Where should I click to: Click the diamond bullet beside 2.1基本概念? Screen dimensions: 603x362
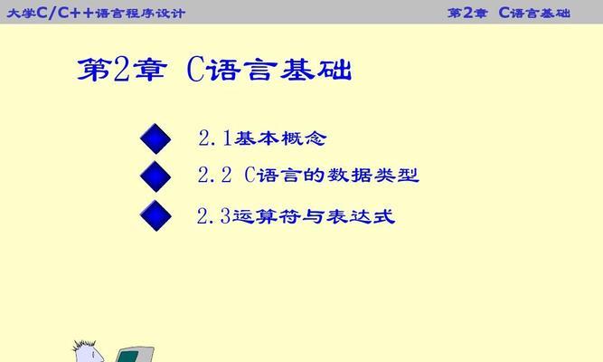coord(155,138)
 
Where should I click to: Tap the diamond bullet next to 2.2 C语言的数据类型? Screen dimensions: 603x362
coord(155,176)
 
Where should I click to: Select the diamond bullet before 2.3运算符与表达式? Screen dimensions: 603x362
coord(155,215)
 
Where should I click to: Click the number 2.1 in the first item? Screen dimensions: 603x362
coord(215,138)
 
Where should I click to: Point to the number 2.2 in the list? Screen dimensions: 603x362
coord(214,176)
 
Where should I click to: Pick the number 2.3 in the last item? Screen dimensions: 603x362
coord(213,215)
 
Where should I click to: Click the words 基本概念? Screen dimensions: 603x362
coord(280,138)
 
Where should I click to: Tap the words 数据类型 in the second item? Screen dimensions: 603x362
coord(373,176)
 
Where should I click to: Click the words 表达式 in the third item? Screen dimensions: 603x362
coord(361,216)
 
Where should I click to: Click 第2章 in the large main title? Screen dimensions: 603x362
coord(122,70)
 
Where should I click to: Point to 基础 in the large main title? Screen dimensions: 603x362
coord(316,70)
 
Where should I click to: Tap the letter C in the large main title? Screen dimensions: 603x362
coord(195,70)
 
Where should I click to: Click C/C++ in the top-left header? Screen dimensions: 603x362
coord(65,13)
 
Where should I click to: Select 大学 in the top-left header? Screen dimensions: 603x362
coord(21,13)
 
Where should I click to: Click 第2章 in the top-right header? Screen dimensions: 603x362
coord(467,13)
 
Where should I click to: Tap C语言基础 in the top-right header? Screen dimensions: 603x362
coord(534,13)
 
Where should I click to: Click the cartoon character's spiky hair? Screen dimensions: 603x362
coord(85,345)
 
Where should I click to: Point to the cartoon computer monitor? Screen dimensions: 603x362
coord(135,354)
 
